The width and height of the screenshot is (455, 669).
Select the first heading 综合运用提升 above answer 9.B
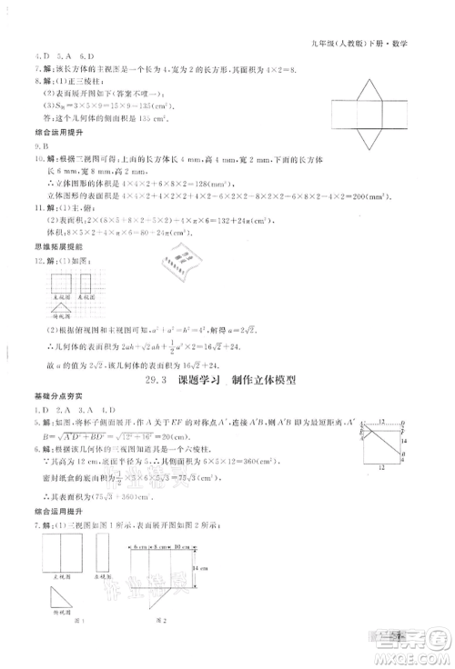[x=39, y=133]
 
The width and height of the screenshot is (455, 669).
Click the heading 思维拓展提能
[x=39, y=247]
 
